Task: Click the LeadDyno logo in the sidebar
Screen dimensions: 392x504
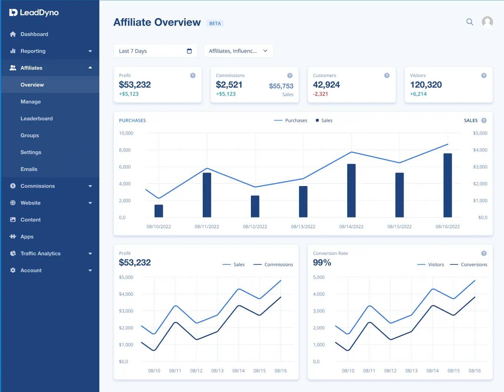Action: (x=34, y=13)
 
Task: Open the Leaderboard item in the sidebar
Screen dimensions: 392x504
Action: (x=36, y=119)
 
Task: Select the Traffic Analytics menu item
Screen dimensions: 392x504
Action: (x=40, y=253)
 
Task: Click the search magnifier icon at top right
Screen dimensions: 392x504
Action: (x=470, y=22)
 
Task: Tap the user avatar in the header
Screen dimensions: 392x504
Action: (x=487, y=22)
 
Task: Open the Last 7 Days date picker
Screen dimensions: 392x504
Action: (x=155, y=51)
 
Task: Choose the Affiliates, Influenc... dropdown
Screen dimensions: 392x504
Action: (x=238, y=51)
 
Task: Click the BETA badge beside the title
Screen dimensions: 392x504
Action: (x=215, y=23)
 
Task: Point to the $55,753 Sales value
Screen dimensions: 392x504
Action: (x=281, y=86)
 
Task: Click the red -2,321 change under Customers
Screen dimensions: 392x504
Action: (x=320, y=94)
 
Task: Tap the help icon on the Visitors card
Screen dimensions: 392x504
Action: (x=484, y=76)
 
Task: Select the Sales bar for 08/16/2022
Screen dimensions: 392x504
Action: (x=447, y=185)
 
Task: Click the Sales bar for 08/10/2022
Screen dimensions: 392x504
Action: (x=159, y=211)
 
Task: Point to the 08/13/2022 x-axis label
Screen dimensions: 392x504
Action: (x=303, y=226)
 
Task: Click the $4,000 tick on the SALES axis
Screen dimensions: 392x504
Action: (x=480, y=150)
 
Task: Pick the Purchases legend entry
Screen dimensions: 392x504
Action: (x=291, y=120)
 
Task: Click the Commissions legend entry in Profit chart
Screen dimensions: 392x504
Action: (x=273, y=265)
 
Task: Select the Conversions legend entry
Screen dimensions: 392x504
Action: (x=469, y=265)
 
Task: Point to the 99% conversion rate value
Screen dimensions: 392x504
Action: (x=322, y=263)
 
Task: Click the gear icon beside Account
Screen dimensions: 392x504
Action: (x=13, y=270)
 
